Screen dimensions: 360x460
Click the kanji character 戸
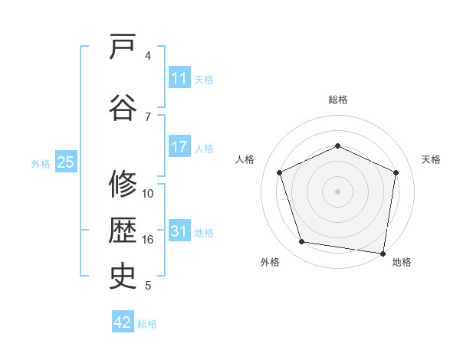[x=123, y=47]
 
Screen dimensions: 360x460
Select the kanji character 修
[x=123, y=185]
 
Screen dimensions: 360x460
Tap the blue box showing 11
[x=179, y=78]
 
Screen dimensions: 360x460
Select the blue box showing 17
[x=179, y=148]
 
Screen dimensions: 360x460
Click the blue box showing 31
[x=179, y=232]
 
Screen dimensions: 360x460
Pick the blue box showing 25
[x=65, y=162]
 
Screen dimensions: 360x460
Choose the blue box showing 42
[x=123, y=322]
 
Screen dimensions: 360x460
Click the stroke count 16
[x=148, y=240]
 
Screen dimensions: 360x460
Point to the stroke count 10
[x=148, y=194]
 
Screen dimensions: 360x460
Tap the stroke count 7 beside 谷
[x=148, y=117]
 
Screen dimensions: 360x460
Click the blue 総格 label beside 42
[x=147, y=324]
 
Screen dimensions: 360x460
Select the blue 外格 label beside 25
[x=41, y=163]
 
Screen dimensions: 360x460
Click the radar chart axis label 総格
[x=338, y=100]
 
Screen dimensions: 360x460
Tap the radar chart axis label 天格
[x=432, y=159]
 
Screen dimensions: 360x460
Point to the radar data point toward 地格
[x=383, y=253]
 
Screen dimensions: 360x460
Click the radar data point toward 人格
[x=280, y=172]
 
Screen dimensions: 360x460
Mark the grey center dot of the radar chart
[x=338, y=191]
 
